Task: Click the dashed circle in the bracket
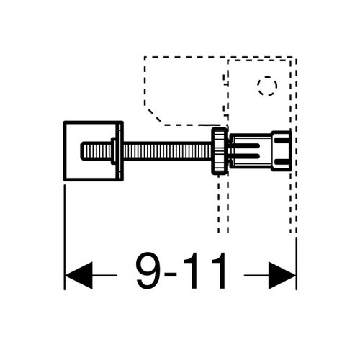point(266,86)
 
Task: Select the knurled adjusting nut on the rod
point(217,151)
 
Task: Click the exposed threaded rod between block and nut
point(166,151)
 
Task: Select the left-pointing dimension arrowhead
point(79,275)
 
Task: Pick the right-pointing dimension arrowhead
point(282,275)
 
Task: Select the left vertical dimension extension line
point(65,230)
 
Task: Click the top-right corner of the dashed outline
point(295,57)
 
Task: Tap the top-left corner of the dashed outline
point(145,57)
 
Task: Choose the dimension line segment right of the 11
point(256,275)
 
